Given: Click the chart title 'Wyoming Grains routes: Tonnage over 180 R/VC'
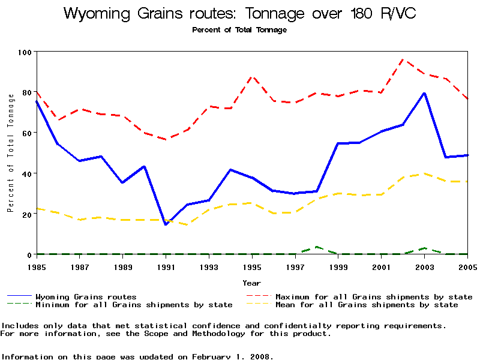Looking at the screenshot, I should coord(239,13).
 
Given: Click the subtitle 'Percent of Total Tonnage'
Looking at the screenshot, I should coord(239,30).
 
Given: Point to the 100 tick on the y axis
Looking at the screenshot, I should coord(24,52).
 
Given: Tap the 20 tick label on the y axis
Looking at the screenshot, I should coord(26,214).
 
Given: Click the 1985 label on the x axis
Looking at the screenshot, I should coord(37,266).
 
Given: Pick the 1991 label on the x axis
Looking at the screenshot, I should coord(166,266).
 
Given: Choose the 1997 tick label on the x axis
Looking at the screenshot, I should coord(295,266).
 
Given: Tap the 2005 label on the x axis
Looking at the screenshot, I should coord(467,266).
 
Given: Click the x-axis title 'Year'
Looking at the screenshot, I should coord(251,283).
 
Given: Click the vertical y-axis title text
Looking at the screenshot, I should coord(10,154).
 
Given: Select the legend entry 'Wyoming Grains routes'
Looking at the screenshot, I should coord(86,296).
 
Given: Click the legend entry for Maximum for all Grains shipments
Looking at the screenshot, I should coord(374,296).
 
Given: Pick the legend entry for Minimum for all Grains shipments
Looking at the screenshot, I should coord(134,305).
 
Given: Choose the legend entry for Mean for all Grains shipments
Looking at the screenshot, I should coord(367,305).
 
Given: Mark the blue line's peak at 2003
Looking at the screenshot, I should coord(425,93).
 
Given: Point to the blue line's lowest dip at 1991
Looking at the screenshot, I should coord(166,224).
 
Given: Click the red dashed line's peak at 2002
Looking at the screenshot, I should coord(403,59).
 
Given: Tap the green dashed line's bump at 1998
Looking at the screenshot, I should coord(317,247).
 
